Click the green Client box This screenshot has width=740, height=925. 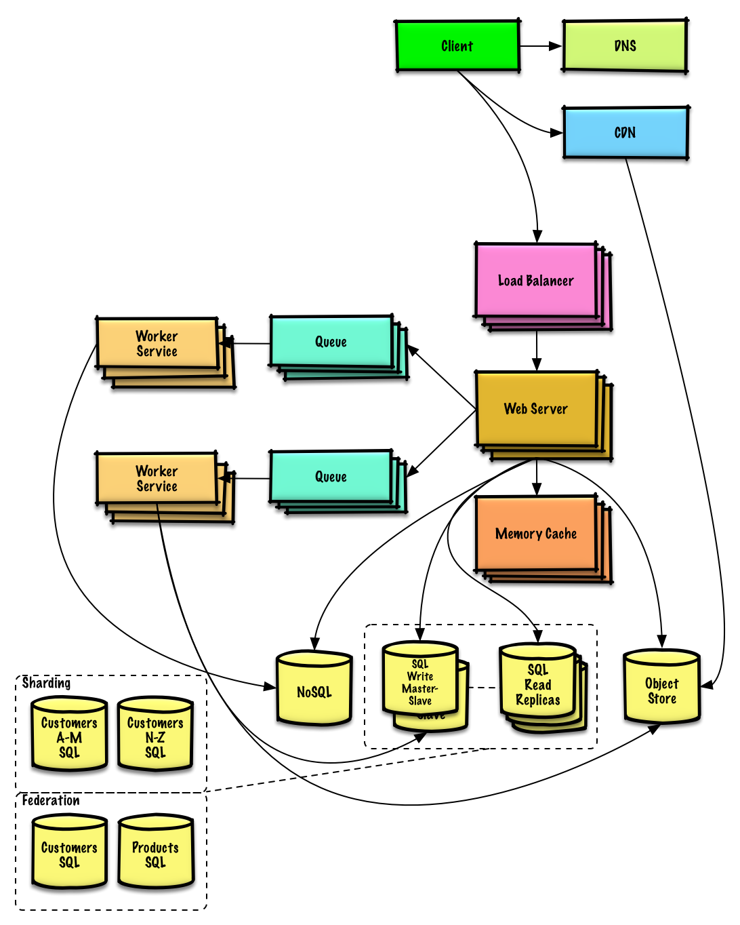click(x=457, y=45)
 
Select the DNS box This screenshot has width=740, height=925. click(x=625, y=45)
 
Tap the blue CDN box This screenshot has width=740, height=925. click(x=625, y=132)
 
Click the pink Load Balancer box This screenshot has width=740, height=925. click(x=536, y=281)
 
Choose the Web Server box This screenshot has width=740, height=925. click(x=536, y=409)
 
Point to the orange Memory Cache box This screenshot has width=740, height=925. click(x=536, y=534)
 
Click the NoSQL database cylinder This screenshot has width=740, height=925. click(x=314, y=690)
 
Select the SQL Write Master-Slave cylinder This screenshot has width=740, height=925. click(x=420, y=681)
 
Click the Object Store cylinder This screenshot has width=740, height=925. click(x=661, y=689)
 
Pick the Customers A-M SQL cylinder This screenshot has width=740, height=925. click(x=69, y=736)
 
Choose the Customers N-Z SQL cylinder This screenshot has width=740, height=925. click(x=155, y=736)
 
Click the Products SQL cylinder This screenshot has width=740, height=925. click(x=155, y=854)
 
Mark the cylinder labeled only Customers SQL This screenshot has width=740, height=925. click(x=69, y=854)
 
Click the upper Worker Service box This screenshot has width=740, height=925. click(x=157, y=344)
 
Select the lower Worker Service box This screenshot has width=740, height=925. click(x=157, y=478)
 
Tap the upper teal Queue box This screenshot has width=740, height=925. click(x=331, y=342)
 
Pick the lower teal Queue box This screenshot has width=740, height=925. click(x=331, y=477)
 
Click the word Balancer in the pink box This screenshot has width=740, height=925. click(x=550, y=281)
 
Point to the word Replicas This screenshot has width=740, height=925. click(x=538, y=700)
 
